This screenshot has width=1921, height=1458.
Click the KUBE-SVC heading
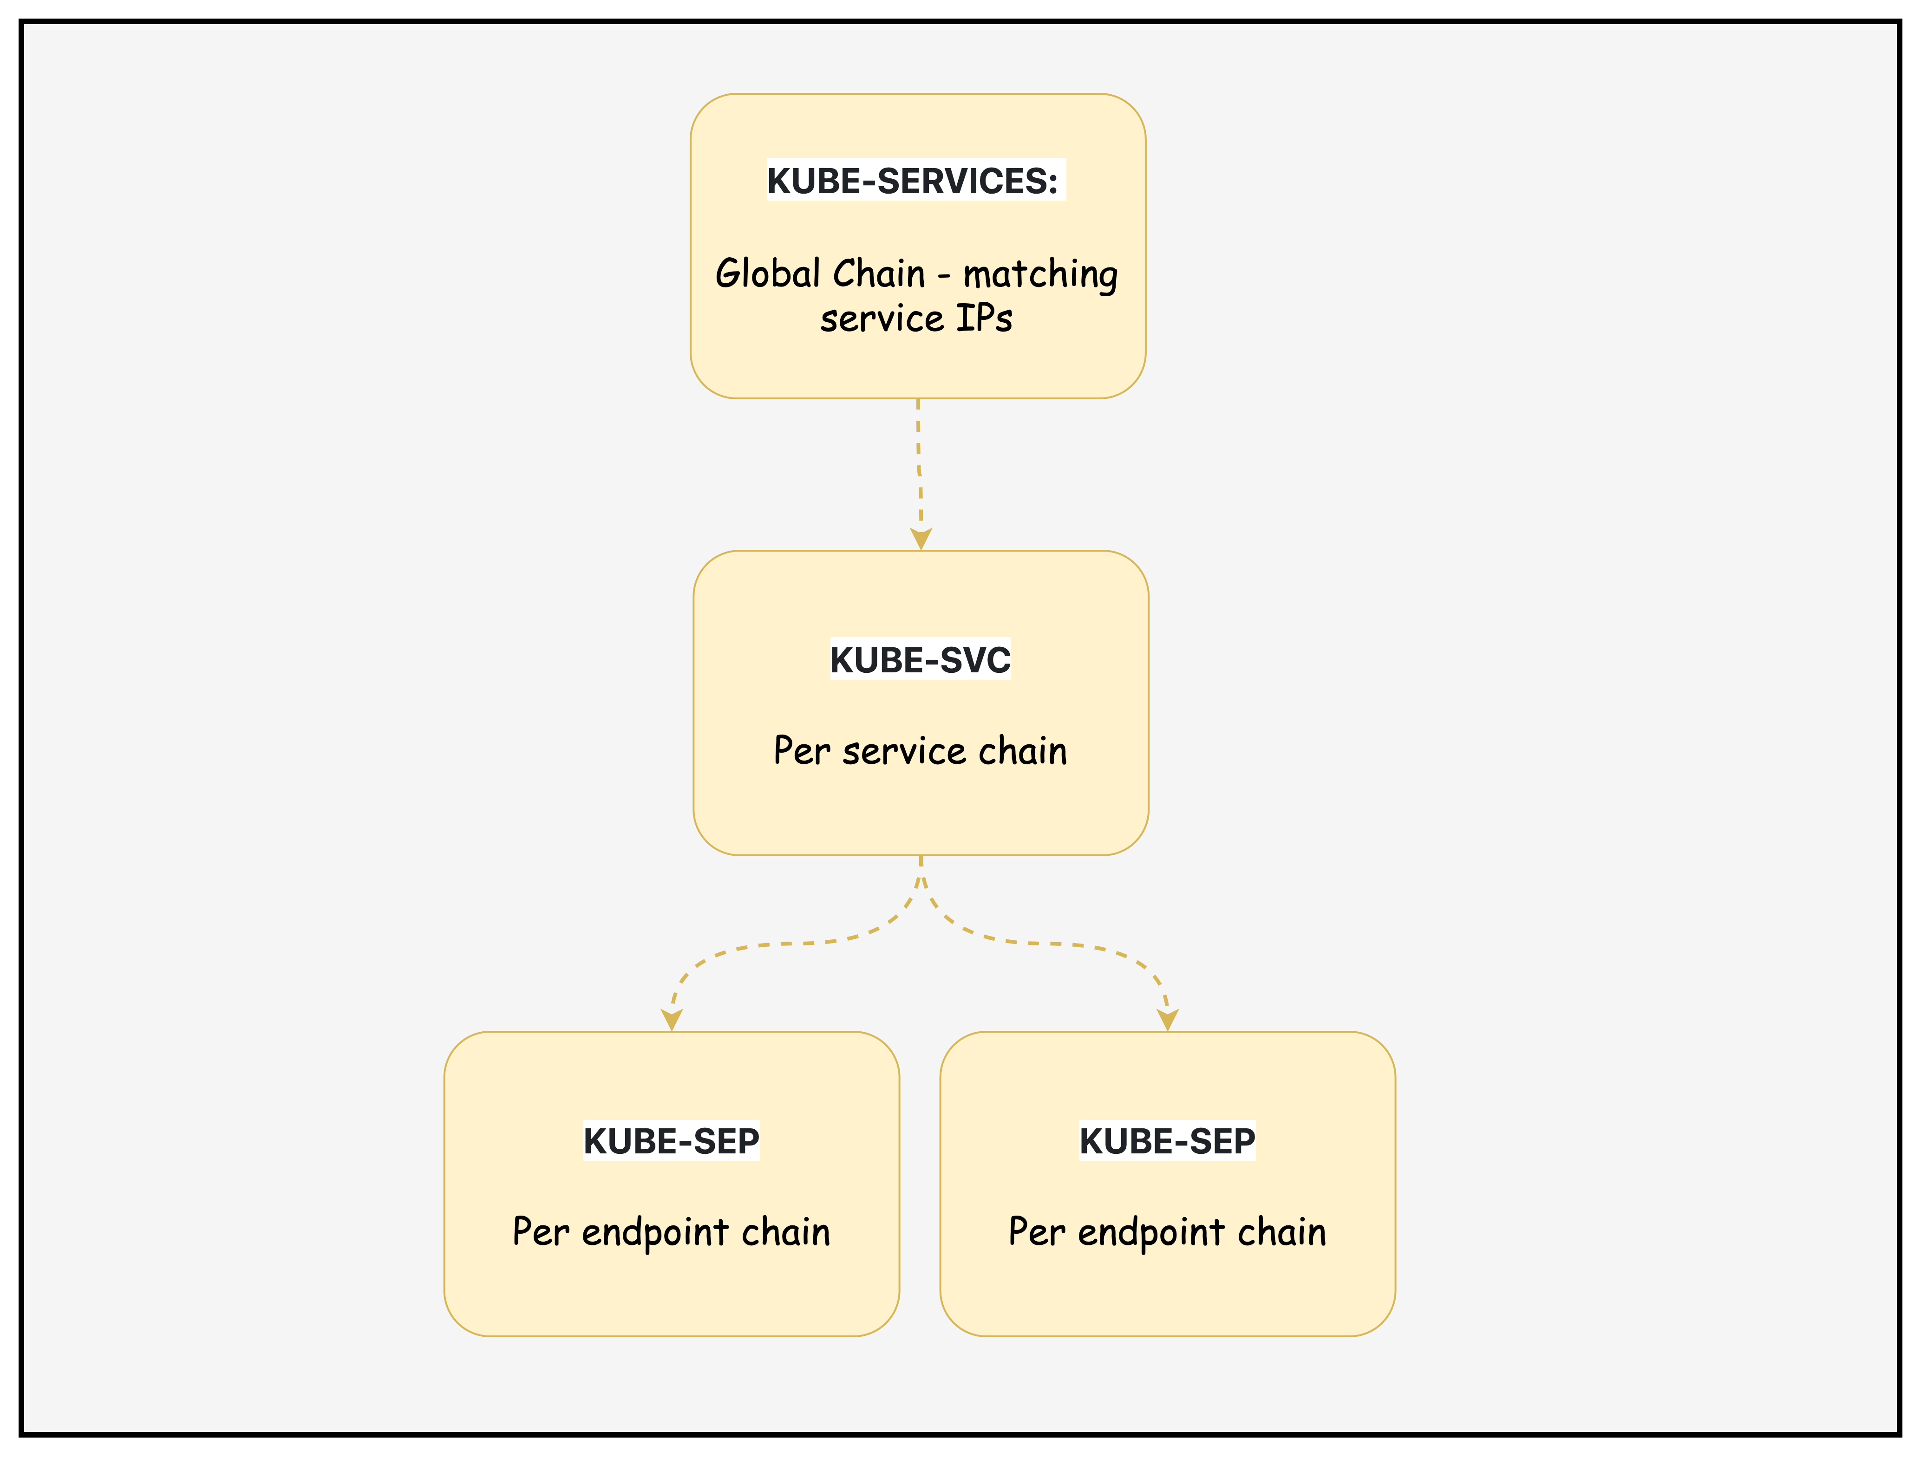coord(920,660)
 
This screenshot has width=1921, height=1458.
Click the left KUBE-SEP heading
coord(671,1141)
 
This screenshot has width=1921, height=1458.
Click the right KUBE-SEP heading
coord(1167,1141)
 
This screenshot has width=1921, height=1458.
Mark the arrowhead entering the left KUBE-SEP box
coord(671,1020)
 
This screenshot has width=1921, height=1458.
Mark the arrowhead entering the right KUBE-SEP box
coord(1168,1020)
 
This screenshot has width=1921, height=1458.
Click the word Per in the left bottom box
coord(540,1232)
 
